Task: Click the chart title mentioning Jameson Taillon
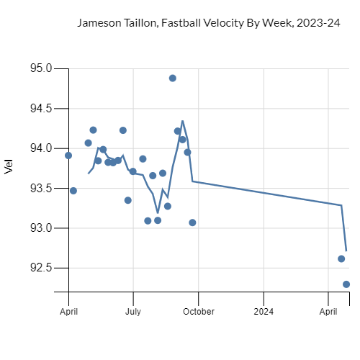[208, 23]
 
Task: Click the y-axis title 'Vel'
[9, 167]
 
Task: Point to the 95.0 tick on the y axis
[40, 68]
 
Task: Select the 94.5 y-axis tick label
[40, 109]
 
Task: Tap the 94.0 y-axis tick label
[40, 148]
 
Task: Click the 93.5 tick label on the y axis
[40, 188]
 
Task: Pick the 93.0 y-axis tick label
[40, 228]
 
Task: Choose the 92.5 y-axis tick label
[40, 268]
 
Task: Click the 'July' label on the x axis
[133, 312]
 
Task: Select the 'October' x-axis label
[198, 312]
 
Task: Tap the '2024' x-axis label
[264, 312]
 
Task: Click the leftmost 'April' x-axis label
[68, 312]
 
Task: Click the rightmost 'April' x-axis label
[328, 312]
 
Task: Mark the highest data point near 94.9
[173, 78]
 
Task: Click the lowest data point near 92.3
[346, 284]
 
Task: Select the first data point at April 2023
[68, 155]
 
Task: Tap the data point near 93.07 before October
[192, 222]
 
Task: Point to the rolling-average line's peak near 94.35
[183, 121]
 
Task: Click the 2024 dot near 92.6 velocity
[341, 258]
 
